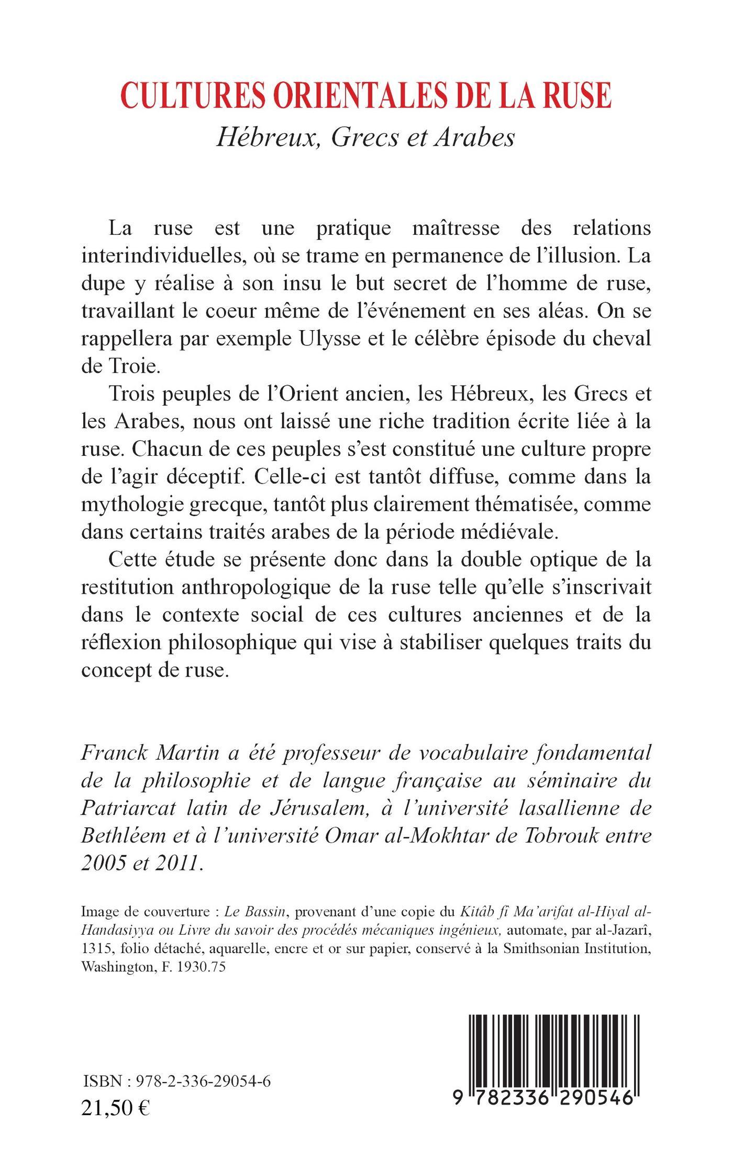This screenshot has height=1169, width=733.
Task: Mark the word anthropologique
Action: pyautogui.click(x=269, y=588)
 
